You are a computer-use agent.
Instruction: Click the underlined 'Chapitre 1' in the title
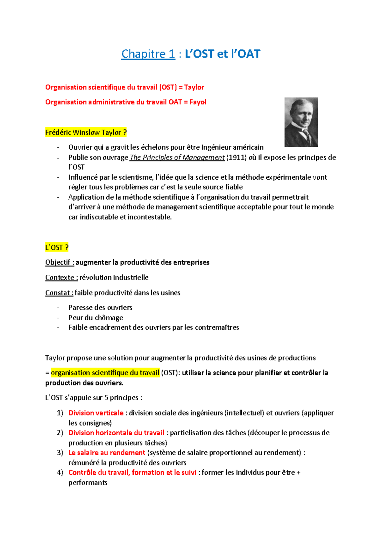coord(148,54)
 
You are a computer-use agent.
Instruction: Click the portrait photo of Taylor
coord(301,122)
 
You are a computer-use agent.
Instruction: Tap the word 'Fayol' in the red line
coord(198,102)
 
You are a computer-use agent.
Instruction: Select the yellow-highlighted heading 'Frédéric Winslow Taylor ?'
coord(86,132)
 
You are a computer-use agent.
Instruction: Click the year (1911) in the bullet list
coord(236,157)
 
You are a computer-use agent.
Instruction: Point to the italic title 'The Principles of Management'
coord(177,157)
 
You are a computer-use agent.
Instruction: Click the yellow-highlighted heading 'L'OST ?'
coord(57,247)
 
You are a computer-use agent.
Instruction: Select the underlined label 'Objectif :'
coord(60,262)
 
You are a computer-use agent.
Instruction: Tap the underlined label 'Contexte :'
coord(61,277)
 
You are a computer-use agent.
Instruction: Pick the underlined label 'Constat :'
coord(59,293)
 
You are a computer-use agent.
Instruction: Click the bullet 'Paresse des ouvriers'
coord(100,308)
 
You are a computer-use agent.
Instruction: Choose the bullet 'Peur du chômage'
coord(95,317)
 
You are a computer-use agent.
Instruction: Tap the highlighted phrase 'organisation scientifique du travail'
coord(105,373)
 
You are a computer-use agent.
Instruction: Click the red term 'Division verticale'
coord(96,413)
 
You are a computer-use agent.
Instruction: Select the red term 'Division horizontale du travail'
coord(116,433)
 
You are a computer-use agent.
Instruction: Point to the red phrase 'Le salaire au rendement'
coord(107,453)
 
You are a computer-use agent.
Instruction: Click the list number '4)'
coord(60,472)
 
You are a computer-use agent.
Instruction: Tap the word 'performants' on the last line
coord(88,483)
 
